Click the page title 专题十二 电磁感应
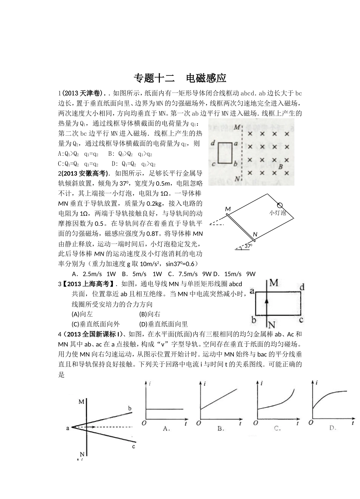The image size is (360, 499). (180, 78)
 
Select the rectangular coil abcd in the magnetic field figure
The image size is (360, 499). (226, 153)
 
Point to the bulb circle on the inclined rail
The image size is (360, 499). (280, 205)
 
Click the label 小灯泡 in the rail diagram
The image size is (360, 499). (277, 213)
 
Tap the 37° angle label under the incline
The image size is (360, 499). (248, 246)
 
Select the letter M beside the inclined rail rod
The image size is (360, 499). (228, 209)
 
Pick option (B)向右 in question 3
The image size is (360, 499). (150, 314)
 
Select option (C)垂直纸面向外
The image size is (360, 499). (95, 324)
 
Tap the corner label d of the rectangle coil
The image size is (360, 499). (302, 288)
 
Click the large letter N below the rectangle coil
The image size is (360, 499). (271, 324)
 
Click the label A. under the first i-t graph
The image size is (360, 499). (166, 429)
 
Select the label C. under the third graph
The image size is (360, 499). (277, 429)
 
